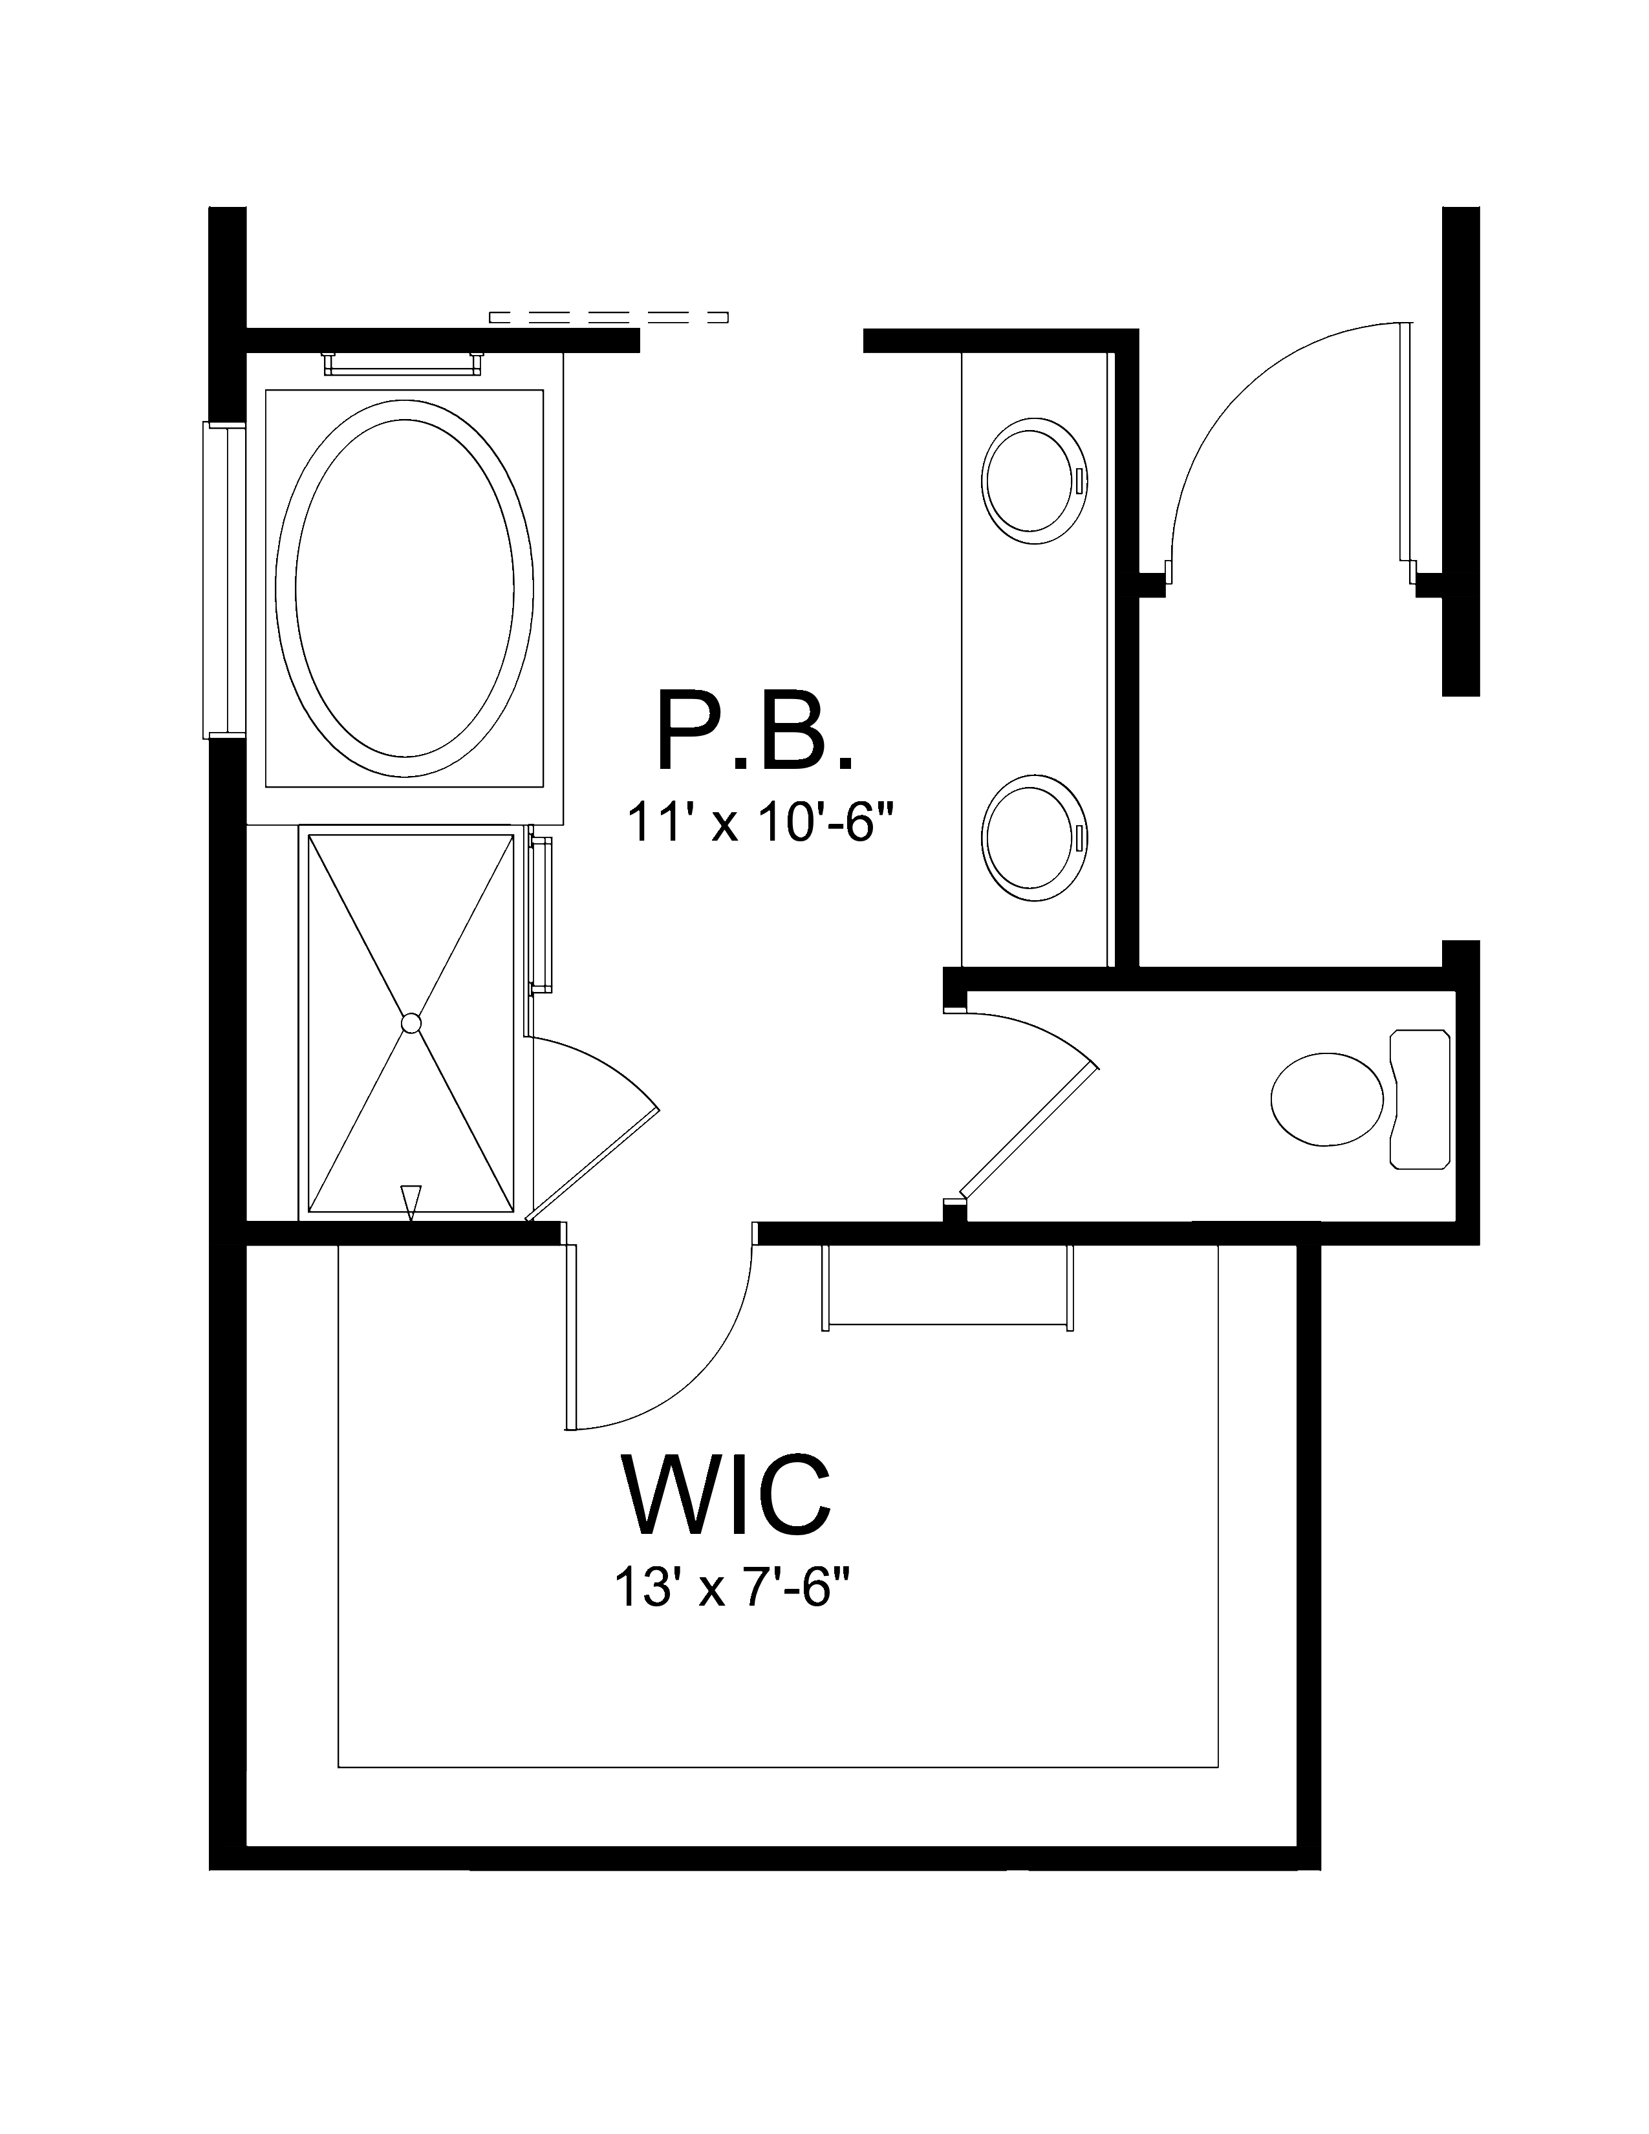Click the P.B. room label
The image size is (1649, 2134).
tap(754, 730)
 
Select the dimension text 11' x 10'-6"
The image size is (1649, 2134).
tap(760, 822)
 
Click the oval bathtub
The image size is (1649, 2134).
tap(404, 588)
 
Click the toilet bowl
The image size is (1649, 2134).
tap(1326, 1098)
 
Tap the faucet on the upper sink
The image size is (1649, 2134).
tap(1079, 480)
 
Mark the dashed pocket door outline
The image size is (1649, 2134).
tap(608, 317)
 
